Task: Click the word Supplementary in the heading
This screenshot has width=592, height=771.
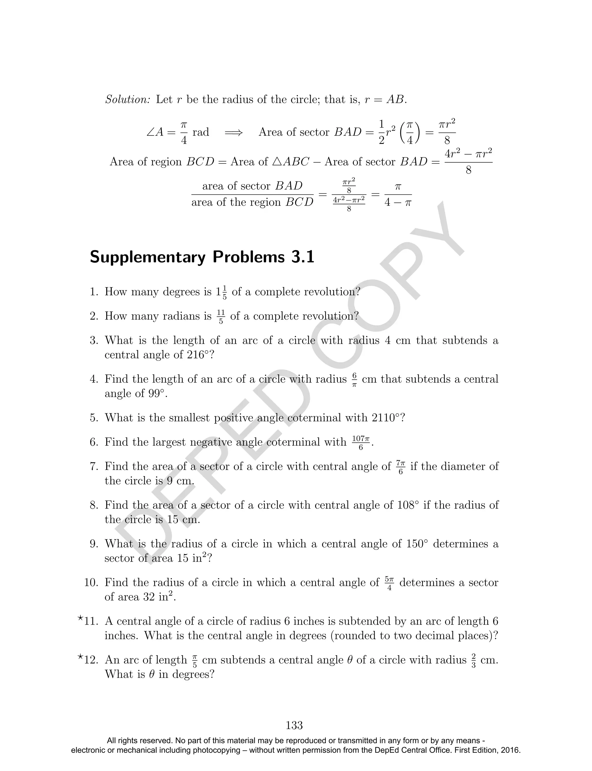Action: pos(148,257)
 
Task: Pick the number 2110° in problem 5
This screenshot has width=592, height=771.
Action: pos(386,418)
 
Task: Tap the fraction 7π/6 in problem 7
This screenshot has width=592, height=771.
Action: pos(400,467)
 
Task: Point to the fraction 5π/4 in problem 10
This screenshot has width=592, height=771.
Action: pos(389,583)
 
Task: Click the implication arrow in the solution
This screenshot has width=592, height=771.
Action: pos(234,132)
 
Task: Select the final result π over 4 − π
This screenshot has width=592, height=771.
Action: pos(398,195)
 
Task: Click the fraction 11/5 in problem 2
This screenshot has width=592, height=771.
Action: pos(221,317)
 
